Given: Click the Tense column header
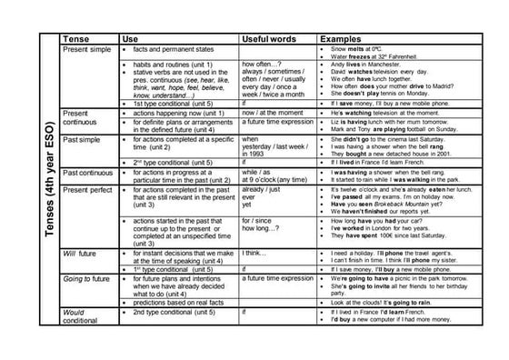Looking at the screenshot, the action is (x=76, y=39).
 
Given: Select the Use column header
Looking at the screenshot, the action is (x=130, y=39).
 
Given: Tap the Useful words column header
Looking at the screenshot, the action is (x=269, y=39).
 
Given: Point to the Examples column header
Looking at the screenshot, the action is (x=341, y=39).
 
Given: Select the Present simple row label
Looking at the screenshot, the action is (x=86, y=49).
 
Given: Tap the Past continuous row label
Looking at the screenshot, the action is (x=88, y=172).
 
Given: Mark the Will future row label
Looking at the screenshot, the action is (x=82, y=252).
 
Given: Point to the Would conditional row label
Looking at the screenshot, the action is (x=81, y=315).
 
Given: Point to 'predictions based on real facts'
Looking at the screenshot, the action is (x=178, y=302).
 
